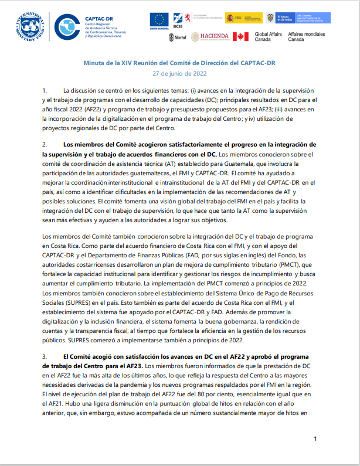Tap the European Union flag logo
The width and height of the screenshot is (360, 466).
point(158,21)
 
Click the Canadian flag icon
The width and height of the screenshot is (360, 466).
point(241,37)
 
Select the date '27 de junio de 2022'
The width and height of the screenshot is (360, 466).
point(180,73)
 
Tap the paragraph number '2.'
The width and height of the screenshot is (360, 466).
point(45,144)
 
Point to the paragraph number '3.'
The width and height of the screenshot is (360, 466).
point(45,356)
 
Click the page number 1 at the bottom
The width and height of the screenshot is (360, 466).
point(315,439)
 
